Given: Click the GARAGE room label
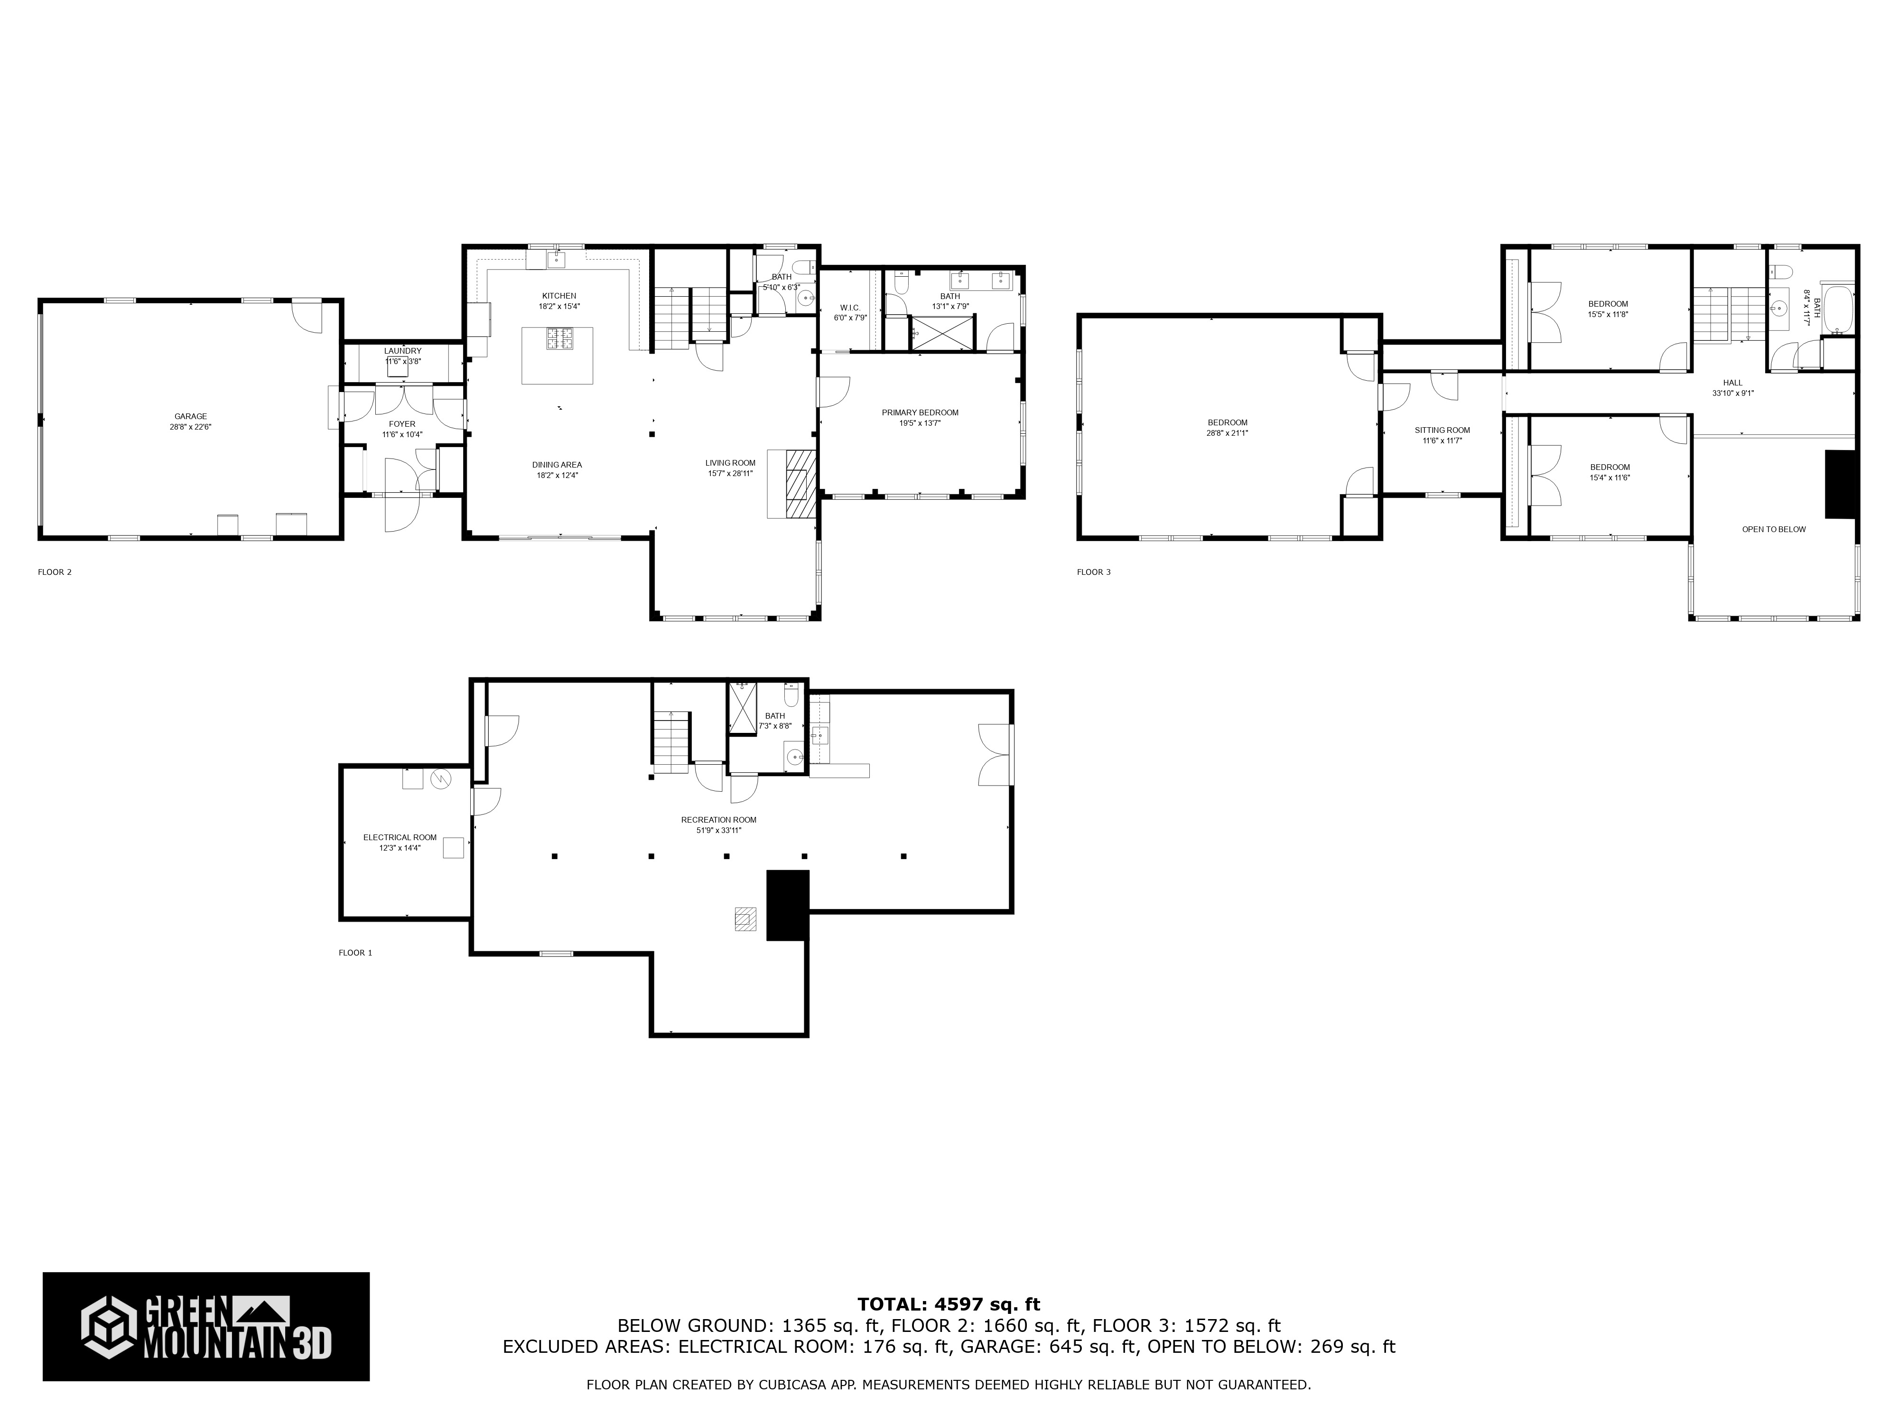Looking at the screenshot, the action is [190, 416].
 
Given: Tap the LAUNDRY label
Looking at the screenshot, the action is [402, 351].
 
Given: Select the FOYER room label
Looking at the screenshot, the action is [401, 424].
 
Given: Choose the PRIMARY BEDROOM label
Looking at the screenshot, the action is [920, 413].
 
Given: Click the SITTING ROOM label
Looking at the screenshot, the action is [1442, 430].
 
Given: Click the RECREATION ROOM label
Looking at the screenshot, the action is [719, 820].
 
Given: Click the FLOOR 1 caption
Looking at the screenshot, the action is [355, 953].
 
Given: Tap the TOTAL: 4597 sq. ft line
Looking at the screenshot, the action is [949, 1305].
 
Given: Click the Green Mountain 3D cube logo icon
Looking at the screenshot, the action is [109, 1328].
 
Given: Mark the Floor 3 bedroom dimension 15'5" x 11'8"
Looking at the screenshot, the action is [1607, 314].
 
